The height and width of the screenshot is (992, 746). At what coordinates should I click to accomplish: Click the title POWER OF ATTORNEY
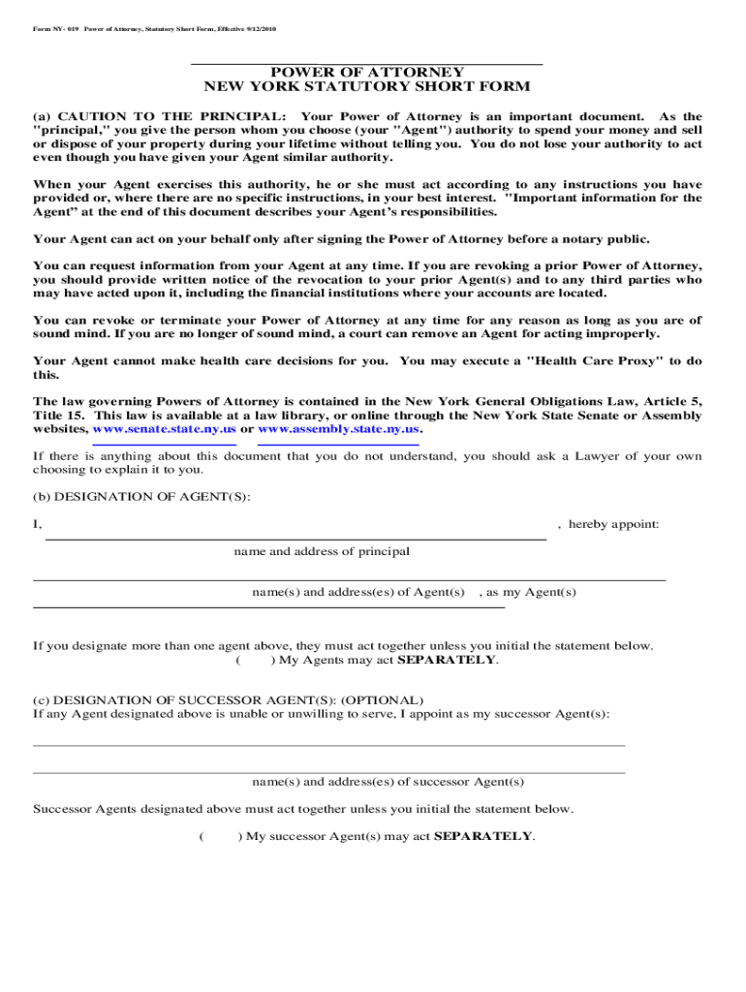(x=366, y=72)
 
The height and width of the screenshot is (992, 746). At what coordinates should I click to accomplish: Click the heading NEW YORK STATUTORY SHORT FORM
(x=366, y=86)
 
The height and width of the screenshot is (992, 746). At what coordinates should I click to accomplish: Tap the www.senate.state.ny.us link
(x=164, y=429)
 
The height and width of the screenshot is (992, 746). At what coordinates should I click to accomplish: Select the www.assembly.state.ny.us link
(x=339, y=429)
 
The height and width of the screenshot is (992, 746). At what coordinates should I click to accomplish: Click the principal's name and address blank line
(x=295, y=537)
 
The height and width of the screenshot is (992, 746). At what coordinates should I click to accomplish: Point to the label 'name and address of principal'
(x=322, y=551)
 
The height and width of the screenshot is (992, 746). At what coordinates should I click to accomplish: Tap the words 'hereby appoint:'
(x=613, y=524)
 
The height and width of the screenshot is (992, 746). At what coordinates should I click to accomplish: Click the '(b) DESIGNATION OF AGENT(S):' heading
(x=141, y=496)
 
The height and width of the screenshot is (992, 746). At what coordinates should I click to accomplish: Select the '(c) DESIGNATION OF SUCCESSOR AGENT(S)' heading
(x=228, y=699)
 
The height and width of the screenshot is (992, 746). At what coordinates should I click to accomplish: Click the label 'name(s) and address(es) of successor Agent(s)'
(x=388, y=782)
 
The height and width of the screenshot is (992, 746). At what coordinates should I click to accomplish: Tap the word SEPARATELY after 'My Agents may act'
(x=448, y=660)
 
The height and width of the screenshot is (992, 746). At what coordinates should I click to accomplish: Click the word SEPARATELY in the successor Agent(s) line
(x=483, y=836)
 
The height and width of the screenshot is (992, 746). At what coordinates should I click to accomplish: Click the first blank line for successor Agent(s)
(x=328, y=744)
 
